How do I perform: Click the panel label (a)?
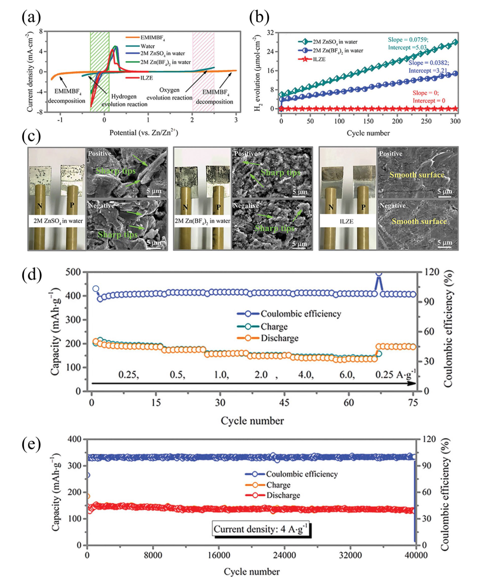point(31,17)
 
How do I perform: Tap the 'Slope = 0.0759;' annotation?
point(408,40)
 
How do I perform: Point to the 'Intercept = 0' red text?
point(429,101)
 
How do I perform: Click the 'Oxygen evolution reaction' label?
point(169,94)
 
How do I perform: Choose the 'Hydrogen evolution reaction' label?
point(124,100)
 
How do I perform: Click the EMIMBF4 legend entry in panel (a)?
point(152,38)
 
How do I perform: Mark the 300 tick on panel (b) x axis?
point(455,121)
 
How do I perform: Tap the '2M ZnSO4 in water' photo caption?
point(58,221)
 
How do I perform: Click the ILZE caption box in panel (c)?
point(347,221)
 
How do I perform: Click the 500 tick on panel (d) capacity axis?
point(73,272)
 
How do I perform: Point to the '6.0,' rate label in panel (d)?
point(347,375)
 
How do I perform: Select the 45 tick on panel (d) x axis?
point(284,403)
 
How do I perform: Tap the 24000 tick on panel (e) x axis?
point(284,555)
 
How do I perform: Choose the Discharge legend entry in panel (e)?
point(283,495)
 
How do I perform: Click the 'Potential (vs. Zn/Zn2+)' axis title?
point(144,133)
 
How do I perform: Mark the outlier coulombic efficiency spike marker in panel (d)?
point(379,273)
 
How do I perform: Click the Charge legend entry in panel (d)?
point(274,326)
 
